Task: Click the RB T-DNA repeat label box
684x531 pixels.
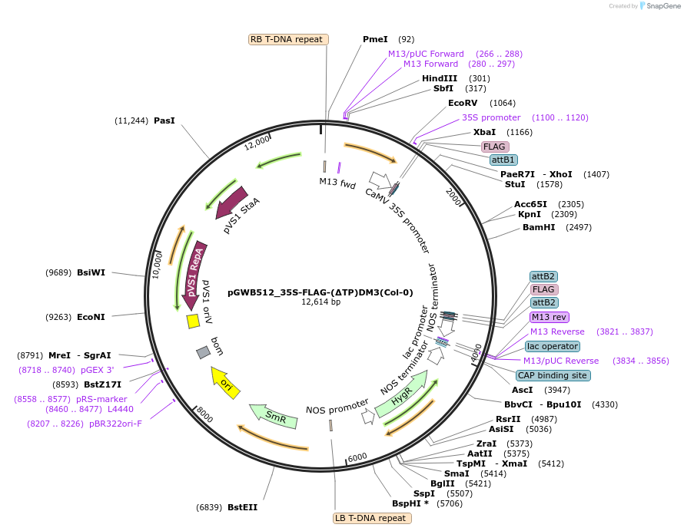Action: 289,39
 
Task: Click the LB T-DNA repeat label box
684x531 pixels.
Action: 372,518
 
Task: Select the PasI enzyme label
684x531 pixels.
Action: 164,120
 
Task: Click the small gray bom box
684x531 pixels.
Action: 203,352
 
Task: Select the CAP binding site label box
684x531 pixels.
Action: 553,375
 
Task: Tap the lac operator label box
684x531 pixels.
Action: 553,346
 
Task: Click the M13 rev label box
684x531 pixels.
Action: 550,317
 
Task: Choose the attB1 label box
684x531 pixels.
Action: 503,160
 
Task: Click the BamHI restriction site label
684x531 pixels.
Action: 539,227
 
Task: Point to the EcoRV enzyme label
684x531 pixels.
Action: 463,103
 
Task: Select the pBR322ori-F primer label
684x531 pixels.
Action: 115,423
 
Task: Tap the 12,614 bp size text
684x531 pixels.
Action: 320,302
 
